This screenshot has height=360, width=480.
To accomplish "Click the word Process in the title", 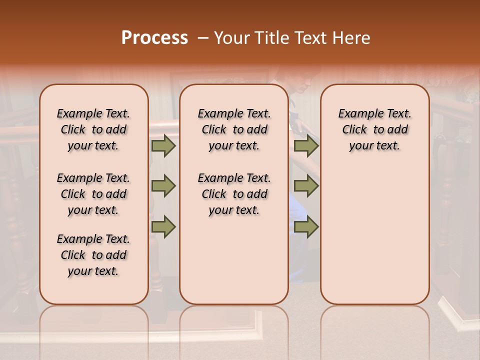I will [x=154, y=38].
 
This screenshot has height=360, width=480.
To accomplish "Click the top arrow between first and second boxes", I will [x=163, y=146].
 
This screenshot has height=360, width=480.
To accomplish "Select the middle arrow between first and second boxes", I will [x=163, y=186].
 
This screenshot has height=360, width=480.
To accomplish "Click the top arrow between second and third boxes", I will [x=306, y=146].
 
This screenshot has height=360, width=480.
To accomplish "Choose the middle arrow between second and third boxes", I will [x=306, y=186].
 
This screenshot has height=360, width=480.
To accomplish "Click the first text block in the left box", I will [x=93, y=129].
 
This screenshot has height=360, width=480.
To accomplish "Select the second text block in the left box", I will [x=93, y=194].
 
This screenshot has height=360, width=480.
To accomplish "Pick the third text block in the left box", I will [x=93, y=255].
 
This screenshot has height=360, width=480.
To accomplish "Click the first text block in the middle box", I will [x=234, y=129].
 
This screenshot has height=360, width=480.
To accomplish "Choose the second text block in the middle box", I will [x=234, y=194].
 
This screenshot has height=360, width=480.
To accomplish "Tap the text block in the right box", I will [x=374, y=129].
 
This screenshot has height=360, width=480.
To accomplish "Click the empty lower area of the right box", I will [x=374, y=235].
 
